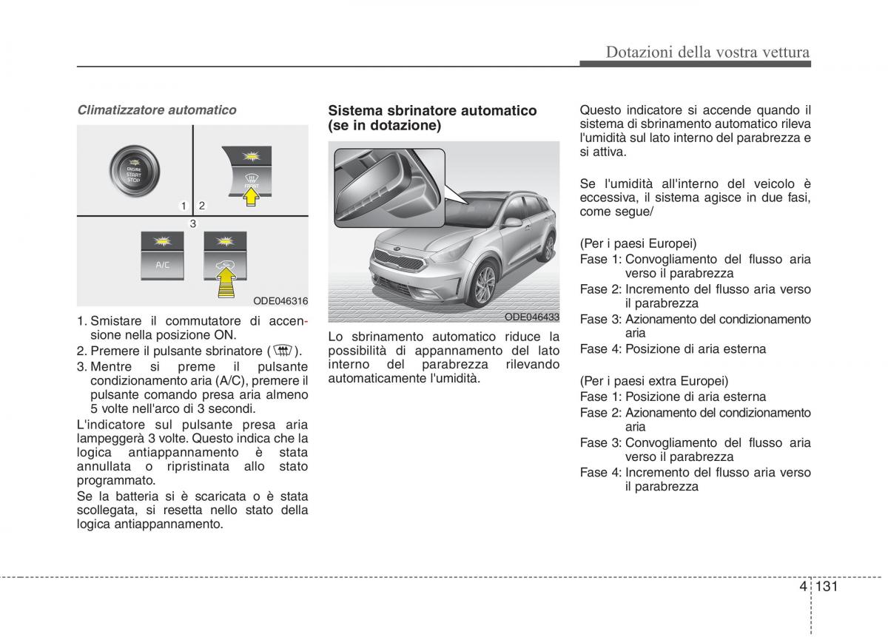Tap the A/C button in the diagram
click(x=162, y=256)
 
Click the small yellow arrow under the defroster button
click(x=253, y=196)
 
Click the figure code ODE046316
click(x=280, y=301)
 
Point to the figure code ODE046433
click(x=531, y=316)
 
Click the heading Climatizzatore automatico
click(x=157, y=110)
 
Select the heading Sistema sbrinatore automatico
click(x=432, y=110)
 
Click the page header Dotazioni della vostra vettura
click(x=707, y=52)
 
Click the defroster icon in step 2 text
click(x=283, y=351)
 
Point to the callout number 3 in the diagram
click(x=192, y=223)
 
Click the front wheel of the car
click(x=485, y=285)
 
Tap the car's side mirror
click(x=512, y=221)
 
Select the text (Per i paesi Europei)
click(x=638, y=243)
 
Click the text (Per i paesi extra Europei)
click(x=653, y=381)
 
